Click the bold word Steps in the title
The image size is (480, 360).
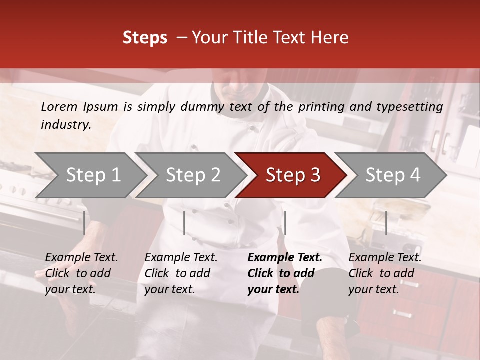tap(145, 38)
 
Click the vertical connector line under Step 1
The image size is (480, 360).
tap(84, 223)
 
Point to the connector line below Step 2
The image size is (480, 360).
tap(184, 223)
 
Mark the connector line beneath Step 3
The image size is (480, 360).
tap(285, 223)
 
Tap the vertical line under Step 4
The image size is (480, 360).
tap(386, 223)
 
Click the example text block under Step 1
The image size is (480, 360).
tap(81, 273)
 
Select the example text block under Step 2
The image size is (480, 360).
tap(181, 273)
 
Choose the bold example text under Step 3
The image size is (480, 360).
tap(284, 273)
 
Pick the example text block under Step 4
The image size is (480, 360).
tap(385, 273)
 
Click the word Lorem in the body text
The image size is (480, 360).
tap(59, 106)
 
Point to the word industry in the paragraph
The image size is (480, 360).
tap(65, 125)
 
